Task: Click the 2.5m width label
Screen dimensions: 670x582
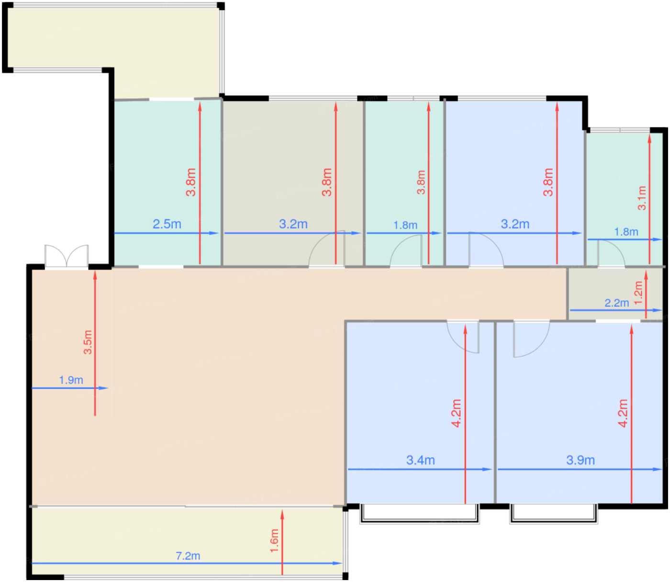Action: [x=167, y=224]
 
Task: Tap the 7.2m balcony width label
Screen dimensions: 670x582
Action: [x=188, y=556]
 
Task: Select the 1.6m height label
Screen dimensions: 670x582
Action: [x=274, y=541]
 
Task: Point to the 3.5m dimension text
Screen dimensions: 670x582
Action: [x=88, y=342]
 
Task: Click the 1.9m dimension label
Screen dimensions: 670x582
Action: [x=71, y=380]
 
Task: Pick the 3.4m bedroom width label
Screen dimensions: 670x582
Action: [x=421, y=461]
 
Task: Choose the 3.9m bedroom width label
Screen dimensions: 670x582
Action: [x=581, y=461]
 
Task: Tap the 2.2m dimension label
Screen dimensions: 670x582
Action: [x=616, y=303]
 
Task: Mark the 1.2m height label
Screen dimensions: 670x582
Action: [x=638, y=293]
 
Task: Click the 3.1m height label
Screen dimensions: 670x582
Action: [x=642, y=198]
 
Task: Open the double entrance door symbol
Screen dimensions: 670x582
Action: [x=67, y=256]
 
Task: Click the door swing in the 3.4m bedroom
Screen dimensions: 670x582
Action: [x=463, y=337]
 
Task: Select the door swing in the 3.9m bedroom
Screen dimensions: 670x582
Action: [x=531, y=339]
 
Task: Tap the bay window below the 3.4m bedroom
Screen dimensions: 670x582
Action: [x=420, y=514]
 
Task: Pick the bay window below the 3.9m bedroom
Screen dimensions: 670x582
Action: [x=553, y=514]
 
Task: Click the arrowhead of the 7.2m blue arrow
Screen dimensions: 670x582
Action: [x=338, y=563]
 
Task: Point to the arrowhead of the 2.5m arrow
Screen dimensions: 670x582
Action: [x=214, y=233]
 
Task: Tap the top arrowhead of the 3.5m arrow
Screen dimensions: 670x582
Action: [x=95, y=275]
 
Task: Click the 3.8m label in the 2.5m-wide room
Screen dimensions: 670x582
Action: [x=190, y=182]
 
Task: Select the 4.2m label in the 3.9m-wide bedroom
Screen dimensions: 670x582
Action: [x=623, y=413]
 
